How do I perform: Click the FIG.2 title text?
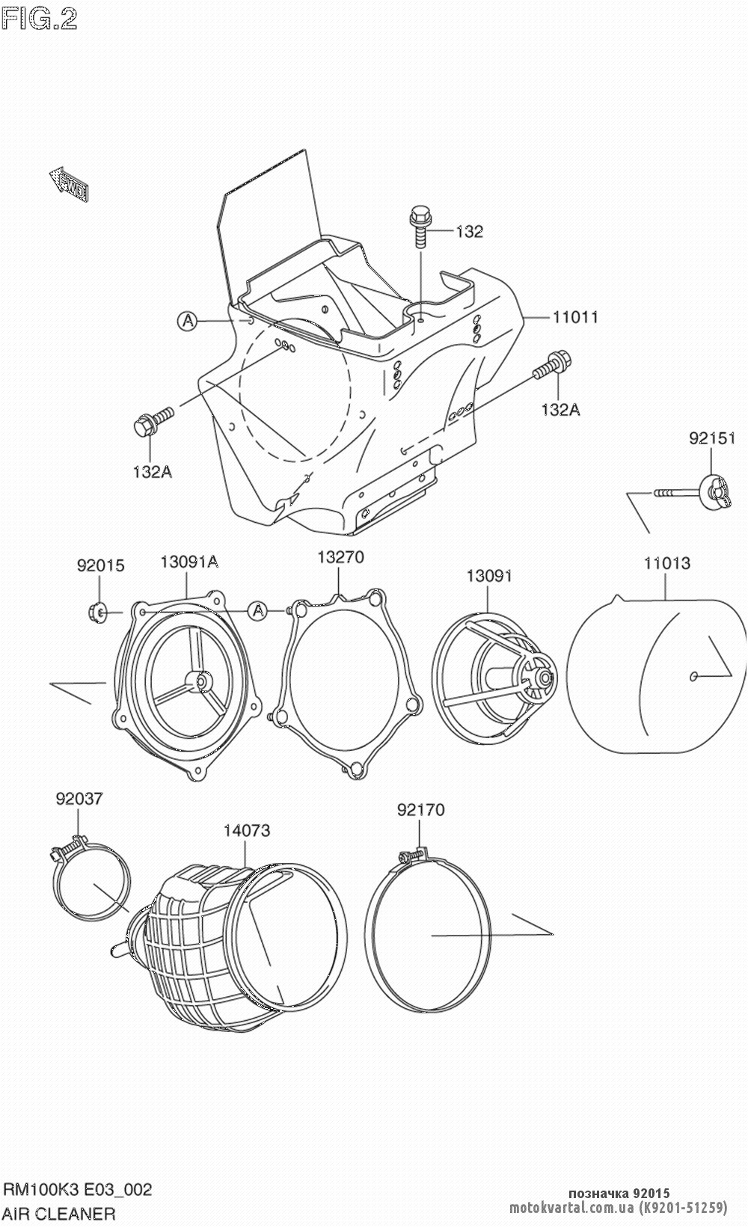coord(39,19)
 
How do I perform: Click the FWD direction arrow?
coord(69,184)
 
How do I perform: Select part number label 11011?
coord(575,317)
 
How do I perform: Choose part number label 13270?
coord(340,556)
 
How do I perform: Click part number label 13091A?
coord(189,562)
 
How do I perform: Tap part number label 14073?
coord(247,830)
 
